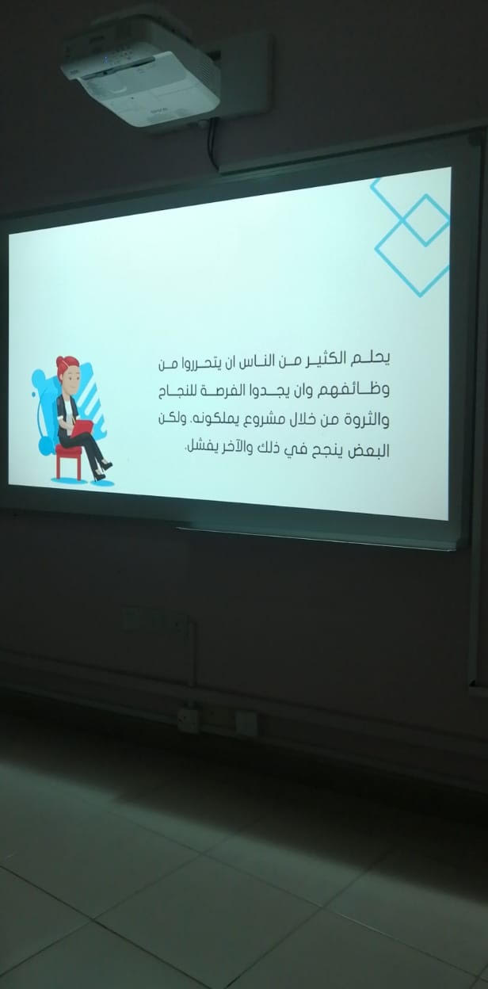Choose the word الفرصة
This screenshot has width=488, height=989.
[217, 392]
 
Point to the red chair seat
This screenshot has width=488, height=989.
[68, 450]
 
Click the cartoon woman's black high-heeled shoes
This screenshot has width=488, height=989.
[103, 471]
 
